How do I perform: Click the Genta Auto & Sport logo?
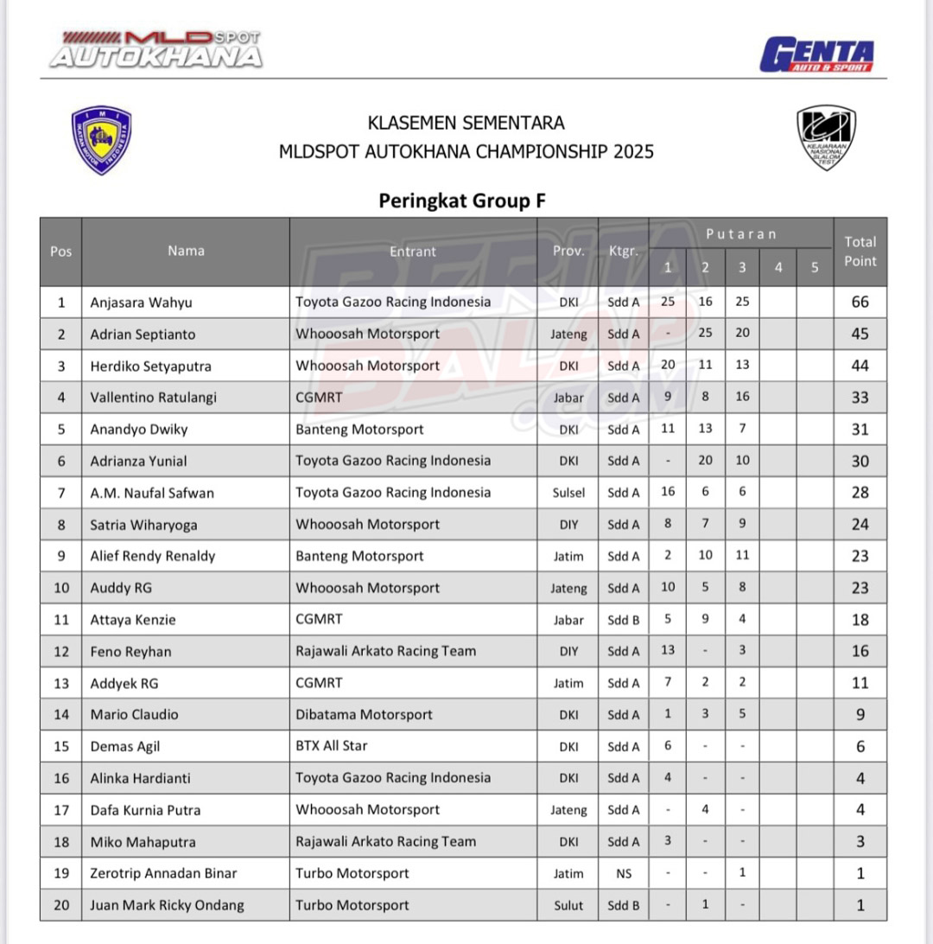[816, 55]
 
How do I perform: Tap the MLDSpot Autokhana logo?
[156, 50]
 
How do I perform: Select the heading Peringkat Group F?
[462, 201]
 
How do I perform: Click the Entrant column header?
[413, 252]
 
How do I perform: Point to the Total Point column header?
[860, 252]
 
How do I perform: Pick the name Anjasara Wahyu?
[141, 303]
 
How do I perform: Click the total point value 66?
[860, 303]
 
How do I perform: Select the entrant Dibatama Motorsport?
[364, 715]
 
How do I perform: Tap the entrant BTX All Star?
[331, 746]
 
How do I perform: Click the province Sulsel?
[568, 493]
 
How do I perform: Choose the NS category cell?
[624, 874]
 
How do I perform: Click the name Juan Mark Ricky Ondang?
[167, 906]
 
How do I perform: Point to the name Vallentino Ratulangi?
[153, 398]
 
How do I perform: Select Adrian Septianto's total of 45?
[860, 335]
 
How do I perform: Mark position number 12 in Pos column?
[60, 651]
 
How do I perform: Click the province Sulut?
[568, 906]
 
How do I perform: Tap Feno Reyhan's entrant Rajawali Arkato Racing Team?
[385, 651]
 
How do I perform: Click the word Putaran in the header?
[740, 234]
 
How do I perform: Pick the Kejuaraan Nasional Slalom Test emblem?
[826, 137]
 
